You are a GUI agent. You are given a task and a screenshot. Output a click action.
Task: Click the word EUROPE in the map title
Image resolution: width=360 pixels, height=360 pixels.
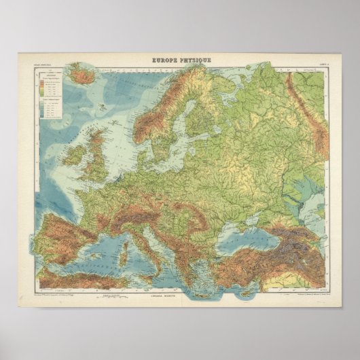point(165,60)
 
